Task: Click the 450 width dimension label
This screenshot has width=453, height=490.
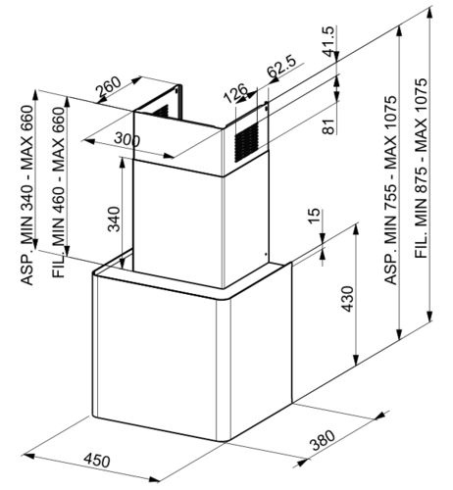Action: click(x=97, y=461)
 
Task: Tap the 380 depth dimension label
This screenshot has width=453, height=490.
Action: click(x=323, y=440)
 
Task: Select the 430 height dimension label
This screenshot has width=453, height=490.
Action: click(x=347, y=299)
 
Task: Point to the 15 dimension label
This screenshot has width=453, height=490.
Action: click(x=314, y=215)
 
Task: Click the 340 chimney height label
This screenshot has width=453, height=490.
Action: click(x=114, y=219)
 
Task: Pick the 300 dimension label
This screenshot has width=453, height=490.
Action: click(x=126, y=139)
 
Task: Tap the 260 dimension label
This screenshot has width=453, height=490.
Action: click(x=109, y=87)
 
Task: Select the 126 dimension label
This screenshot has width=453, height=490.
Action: click(x=235, y=93)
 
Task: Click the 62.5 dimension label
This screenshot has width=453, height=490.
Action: click(x=280, y=67)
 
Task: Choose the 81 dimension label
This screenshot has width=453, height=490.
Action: click(x=329, y=125)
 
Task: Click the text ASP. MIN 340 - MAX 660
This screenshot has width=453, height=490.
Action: click(x=26, y=195)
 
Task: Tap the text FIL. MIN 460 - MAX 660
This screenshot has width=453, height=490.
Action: click(x=59, y=192)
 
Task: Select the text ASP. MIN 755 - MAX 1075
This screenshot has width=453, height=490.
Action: click(x=390, y=190)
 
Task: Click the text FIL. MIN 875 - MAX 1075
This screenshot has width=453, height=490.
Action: click(x=422, y=168)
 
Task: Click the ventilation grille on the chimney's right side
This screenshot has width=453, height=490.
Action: click(x=246, y=142)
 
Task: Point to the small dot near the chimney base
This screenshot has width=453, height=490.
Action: click(x=266, y=254)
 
